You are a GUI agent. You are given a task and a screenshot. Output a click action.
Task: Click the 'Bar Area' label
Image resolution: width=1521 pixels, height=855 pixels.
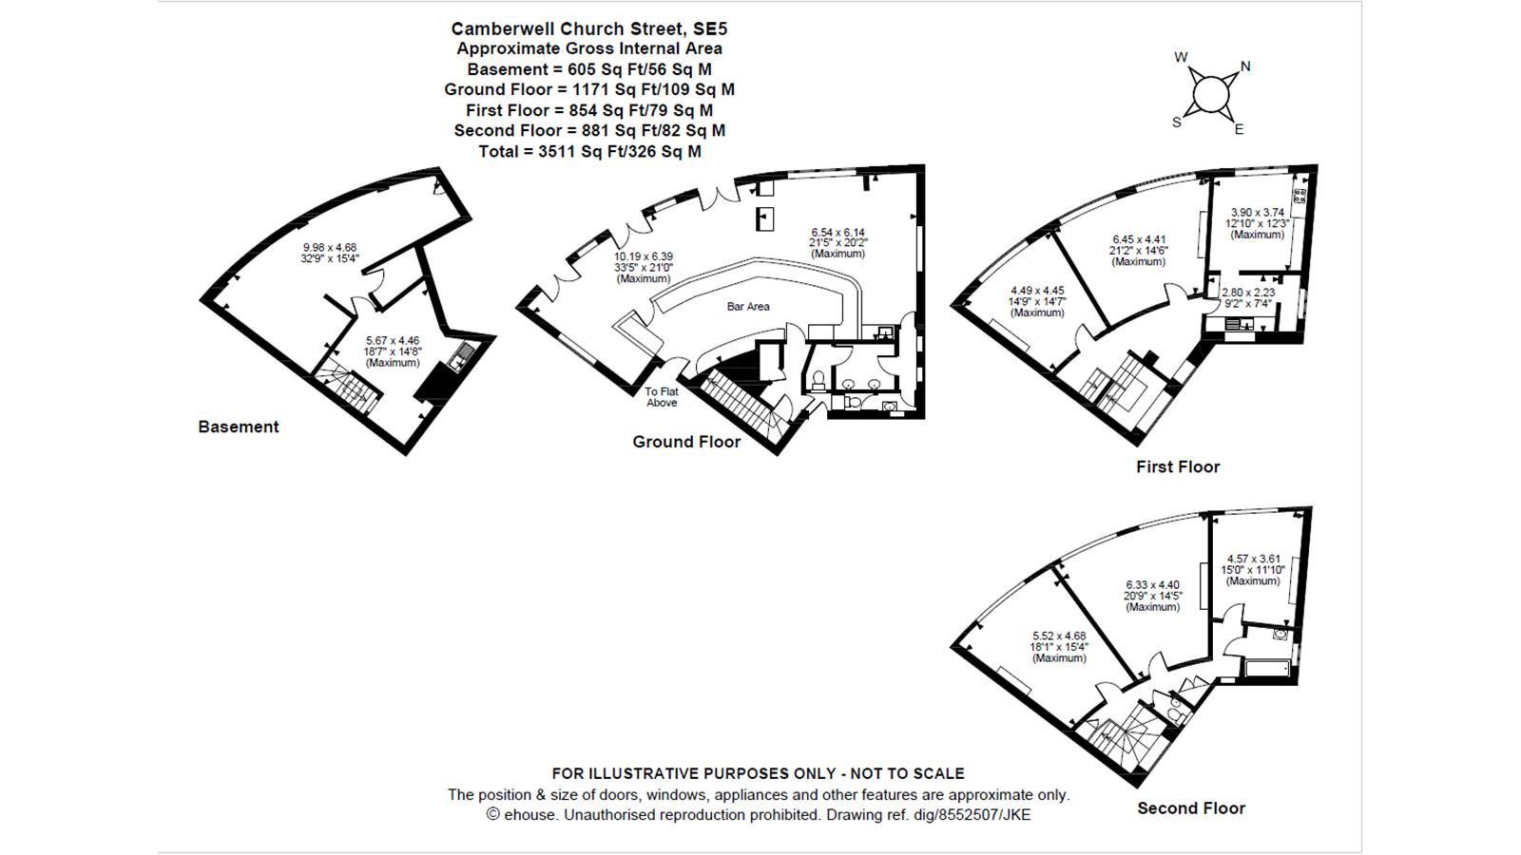pyautogui.click(x=747, y=307)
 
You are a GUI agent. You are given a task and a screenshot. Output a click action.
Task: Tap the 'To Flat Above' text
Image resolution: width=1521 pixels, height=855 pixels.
pyautogui.click(x=662, y=397)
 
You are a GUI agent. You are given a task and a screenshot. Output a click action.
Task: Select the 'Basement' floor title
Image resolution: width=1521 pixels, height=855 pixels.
pyautogui.click(x=239, y=427)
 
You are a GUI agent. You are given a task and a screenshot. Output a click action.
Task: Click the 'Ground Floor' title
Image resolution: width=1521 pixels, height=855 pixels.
pyautogui.click(x=686, y=442)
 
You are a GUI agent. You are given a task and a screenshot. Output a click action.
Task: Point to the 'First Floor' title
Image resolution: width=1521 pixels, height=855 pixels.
pyautogui.click(x=1178, y=466)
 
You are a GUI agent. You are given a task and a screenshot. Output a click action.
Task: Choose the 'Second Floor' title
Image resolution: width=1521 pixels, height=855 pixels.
pyautogui.click(x=1191, y=808)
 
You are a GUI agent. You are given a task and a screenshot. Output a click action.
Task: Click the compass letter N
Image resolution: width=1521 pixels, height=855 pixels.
pyautogui.click(x=1245, y=66)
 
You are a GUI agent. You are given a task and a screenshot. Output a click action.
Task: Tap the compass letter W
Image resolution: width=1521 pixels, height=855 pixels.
pyautogui.click(x=1181, y=58)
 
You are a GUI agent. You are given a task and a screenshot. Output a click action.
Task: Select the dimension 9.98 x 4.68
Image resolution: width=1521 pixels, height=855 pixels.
pyautogui.click(x=329, y=248)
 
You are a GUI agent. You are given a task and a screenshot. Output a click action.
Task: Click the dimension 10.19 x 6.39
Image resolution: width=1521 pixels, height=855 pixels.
pyautogui.click(x=643, y=256)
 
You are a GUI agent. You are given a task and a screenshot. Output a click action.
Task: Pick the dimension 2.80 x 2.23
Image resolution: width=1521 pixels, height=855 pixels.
pyautogui.click(x=1248, y=294)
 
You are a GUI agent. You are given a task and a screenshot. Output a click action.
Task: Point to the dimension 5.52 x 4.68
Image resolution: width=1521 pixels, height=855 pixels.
pyautogui.click(x=1059, y=636)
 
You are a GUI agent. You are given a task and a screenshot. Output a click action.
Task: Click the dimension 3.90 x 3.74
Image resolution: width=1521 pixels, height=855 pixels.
pyautogui.click(x=1258, y=213)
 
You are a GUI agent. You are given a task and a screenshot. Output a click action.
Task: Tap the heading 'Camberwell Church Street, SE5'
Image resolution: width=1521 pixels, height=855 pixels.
pyautogui.click(x=588, y=29)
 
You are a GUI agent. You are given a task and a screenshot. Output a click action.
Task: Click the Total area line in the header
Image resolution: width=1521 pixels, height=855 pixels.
pyautogui.click(x=589, y=151)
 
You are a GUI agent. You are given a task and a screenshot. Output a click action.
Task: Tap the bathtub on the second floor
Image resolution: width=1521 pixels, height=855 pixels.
pyautogui.click(x=1268, y=669)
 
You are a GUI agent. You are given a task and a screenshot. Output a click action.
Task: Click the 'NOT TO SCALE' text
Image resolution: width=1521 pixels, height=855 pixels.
pyautogui.click(x=907, y=773)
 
